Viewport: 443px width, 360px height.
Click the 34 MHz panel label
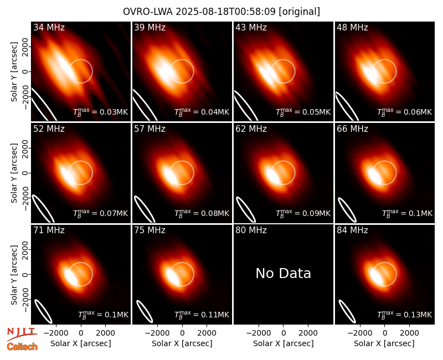(x=49, y=27)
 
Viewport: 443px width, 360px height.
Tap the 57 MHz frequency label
(x=150, y=129)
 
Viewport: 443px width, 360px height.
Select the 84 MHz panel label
(x=352, y=230)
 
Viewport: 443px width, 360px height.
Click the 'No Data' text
(x=283, y=273)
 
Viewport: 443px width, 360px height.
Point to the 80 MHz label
(x=251, y=230)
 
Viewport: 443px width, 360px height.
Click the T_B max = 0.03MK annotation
(x=101, y=112)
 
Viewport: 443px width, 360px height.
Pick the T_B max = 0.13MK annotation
(x=405, y=314)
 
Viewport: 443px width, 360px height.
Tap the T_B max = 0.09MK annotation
(x=303, y=213)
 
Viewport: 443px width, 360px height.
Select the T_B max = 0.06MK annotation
(x=405, y=112)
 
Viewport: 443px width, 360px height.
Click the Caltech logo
(x=22, y=347)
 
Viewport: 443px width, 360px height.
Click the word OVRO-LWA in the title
(x=148, y=12)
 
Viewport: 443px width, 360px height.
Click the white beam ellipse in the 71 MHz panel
(x=43, y=311)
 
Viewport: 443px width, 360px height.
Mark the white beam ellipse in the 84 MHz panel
(x=347, y=311)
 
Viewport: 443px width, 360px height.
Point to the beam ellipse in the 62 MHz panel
(x=246, y=209)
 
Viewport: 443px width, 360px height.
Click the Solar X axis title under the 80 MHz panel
(x=283, y=343)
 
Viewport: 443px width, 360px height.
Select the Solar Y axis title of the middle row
(x=14, y=173)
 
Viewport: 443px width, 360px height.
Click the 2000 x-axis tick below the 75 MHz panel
(x=207, y=333)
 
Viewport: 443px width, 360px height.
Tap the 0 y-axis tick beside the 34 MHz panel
(x=25, y=71)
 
